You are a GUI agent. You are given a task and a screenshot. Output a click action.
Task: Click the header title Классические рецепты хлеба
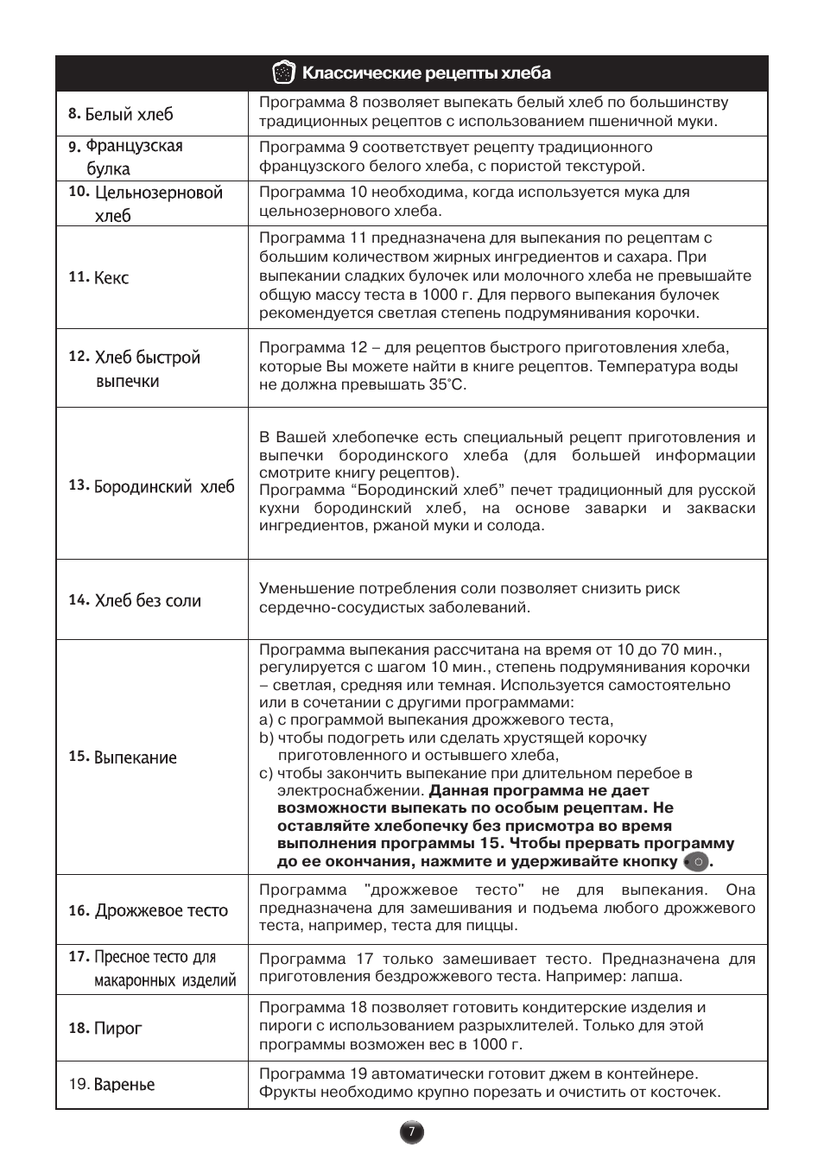click(426, 73)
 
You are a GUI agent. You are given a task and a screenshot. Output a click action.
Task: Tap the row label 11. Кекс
click(99, 277)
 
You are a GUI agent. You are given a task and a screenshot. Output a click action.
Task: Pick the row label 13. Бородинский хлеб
click(151, 486)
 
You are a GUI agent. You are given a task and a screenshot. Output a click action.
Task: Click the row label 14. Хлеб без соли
click(135, 600)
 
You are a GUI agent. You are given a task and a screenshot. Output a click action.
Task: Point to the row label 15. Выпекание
click(123, 757)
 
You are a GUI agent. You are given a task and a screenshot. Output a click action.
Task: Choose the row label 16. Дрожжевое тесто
click(149, 910)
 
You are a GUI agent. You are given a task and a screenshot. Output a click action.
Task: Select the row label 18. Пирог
click(105, 1028)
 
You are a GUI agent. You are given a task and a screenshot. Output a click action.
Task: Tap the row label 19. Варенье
click(112, 1084)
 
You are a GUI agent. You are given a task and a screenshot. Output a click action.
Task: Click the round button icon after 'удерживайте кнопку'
click(696, 862)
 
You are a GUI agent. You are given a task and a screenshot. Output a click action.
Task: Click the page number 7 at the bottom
click(412, 1132)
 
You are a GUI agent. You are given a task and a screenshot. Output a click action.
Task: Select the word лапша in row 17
click(659, 977)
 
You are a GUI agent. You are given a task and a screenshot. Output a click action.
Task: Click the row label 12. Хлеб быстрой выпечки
click(135, 369)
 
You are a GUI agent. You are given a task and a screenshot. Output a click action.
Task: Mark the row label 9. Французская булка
click(126, 157)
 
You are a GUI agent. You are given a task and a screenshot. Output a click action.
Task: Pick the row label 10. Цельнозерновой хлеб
click(146, 204)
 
